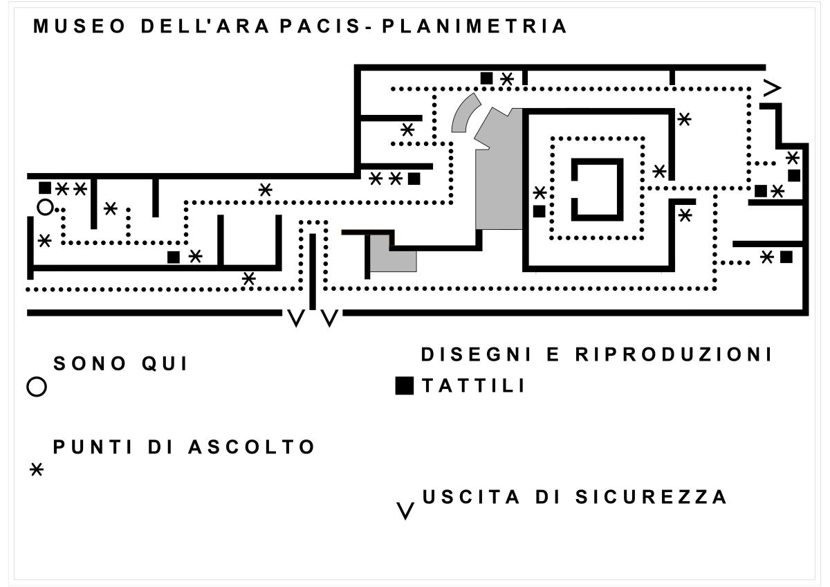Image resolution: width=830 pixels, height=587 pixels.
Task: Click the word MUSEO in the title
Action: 80,26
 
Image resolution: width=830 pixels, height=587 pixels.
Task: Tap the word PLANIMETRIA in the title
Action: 474,26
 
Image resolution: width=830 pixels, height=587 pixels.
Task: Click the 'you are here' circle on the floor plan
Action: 45,207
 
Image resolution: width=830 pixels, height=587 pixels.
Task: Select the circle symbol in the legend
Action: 37,387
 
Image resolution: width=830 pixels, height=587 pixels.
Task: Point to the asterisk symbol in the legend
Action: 37,470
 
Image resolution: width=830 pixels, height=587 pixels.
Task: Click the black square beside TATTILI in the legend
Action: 404,386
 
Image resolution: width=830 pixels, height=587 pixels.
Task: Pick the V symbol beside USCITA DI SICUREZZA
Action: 405,511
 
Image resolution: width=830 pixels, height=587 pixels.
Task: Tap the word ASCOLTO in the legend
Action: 252,447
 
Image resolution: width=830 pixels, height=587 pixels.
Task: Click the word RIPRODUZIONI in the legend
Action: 673,354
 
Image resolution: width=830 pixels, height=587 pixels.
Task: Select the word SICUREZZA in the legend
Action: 651,497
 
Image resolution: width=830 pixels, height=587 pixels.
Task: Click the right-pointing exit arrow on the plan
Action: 772,88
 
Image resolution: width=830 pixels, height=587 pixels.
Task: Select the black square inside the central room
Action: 539,211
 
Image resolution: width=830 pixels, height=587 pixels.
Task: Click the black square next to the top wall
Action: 486,78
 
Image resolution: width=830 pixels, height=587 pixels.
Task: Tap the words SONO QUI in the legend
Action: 120,364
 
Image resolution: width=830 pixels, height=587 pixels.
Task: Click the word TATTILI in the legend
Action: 473,386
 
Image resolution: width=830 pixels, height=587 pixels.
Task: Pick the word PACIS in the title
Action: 320,26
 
